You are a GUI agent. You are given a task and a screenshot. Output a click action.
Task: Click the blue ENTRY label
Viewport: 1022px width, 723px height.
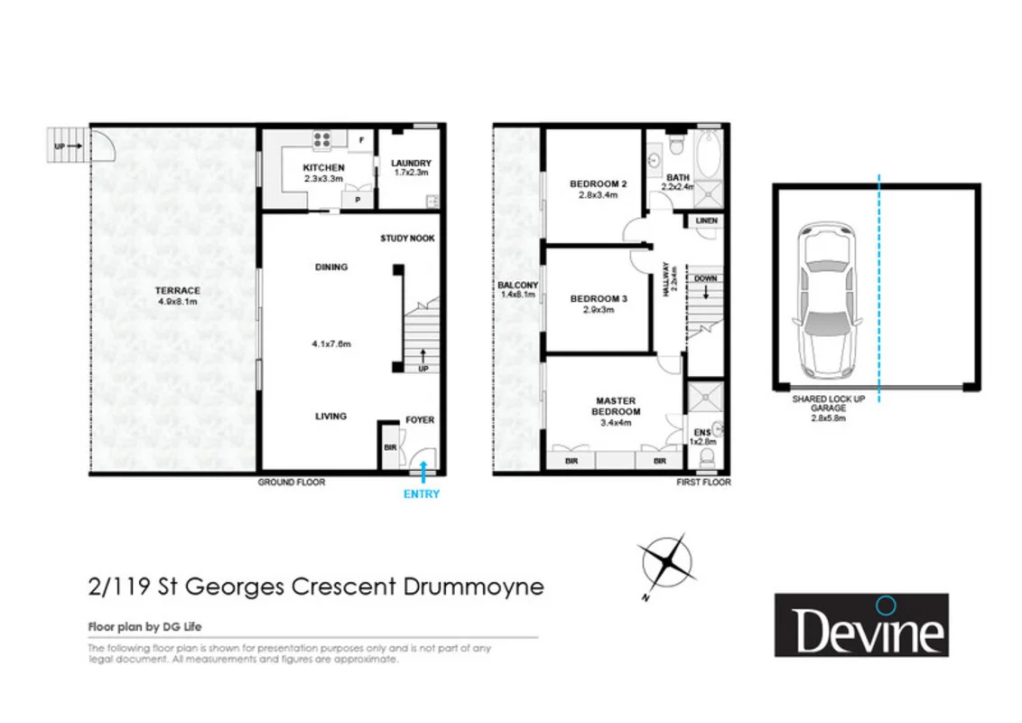point(422,494)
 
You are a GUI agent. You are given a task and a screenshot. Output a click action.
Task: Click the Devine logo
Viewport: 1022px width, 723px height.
point(861,624)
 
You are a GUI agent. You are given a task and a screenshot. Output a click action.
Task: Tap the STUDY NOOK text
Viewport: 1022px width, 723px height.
point(407,239)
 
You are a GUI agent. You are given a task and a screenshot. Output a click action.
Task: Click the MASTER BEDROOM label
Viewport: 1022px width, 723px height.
point(615,406)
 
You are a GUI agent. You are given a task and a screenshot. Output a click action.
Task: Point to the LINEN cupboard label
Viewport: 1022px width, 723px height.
point(705,221)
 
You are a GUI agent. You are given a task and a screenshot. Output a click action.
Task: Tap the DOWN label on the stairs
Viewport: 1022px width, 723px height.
point(705,278)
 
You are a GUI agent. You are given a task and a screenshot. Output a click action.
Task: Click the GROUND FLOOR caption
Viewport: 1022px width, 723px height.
point(291,483)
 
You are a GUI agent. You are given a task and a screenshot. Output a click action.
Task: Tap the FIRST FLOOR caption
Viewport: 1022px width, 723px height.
point(703,483)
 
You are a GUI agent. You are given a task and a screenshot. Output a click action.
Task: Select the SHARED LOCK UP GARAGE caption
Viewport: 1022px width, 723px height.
point(820,403)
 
